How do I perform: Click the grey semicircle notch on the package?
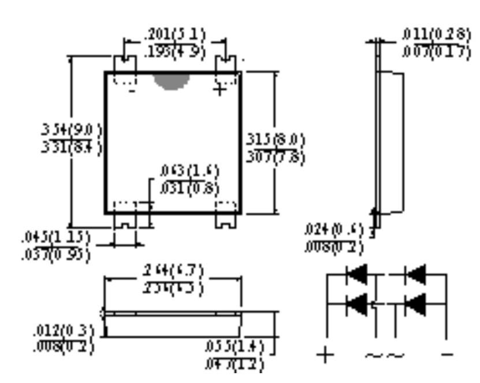click(172, 81)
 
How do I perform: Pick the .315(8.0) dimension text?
click(276, 140)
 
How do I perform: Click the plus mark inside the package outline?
click(220, 90)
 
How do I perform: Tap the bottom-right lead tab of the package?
click(226, 220)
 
